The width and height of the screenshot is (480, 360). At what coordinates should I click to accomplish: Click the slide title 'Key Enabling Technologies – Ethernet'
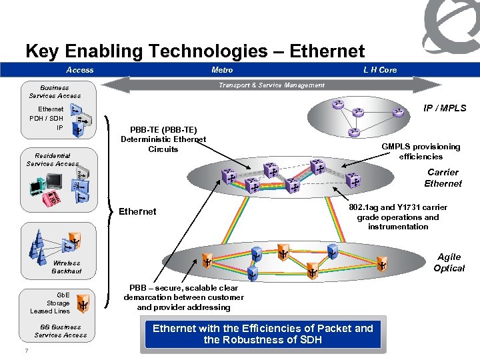click(x=195, y=51)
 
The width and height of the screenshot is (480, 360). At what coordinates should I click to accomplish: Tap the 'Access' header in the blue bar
click(x=80, y=70)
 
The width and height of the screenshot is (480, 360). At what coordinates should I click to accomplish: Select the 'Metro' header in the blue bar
click(x=222, y=70)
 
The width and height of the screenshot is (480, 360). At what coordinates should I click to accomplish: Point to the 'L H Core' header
click(x=380, y=70)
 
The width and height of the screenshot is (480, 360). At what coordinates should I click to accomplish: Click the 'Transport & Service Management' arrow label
click(x=272, y=85)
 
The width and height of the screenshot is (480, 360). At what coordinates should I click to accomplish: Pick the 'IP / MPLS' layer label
click(x=445, y=108)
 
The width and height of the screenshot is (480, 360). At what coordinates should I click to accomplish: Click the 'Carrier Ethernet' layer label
click(x=443, y=178)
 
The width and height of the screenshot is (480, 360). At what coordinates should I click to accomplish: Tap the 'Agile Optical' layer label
click(x=449, y=262)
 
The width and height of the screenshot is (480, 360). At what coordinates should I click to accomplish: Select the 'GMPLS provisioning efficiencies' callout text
click(x=421, y=151)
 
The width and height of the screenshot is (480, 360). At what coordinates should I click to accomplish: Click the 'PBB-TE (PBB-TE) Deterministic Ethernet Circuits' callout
click(x=163, y=139)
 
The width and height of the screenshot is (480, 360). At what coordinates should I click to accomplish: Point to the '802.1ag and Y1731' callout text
click(x=398, y=217)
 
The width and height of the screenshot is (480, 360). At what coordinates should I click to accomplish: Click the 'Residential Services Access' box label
click(x=53, y=159)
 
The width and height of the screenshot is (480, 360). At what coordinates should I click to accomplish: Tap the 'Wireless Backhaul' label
click(x=67, y=267)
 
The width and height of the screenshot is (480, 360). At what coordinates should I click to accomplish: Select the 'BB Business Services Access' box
click(x=60, y=331)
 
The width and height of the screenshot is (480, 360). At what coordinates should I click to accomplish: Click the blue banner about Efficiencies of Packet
click(x=263, y=333)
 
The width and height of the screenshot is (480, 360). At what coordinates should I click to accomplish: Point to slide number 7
click(x=25, y=351)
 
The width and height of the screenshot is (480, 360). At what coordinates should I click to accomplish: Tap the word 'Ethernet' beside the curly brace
click(x=137, y=211)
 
